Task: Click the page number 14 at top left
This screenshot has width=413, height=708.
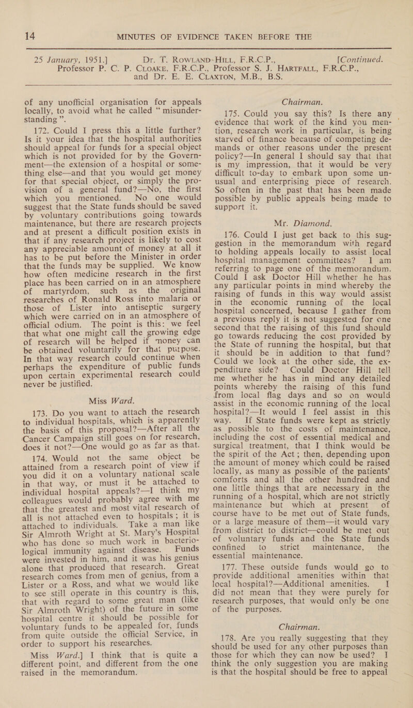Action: tap(16, 10)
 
